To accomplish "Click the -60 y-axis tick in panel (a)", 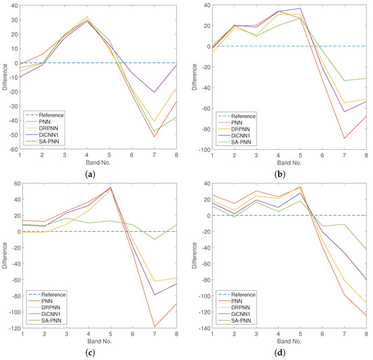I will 14,149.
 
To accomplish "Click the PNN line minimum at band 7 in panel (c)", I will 155,326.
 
